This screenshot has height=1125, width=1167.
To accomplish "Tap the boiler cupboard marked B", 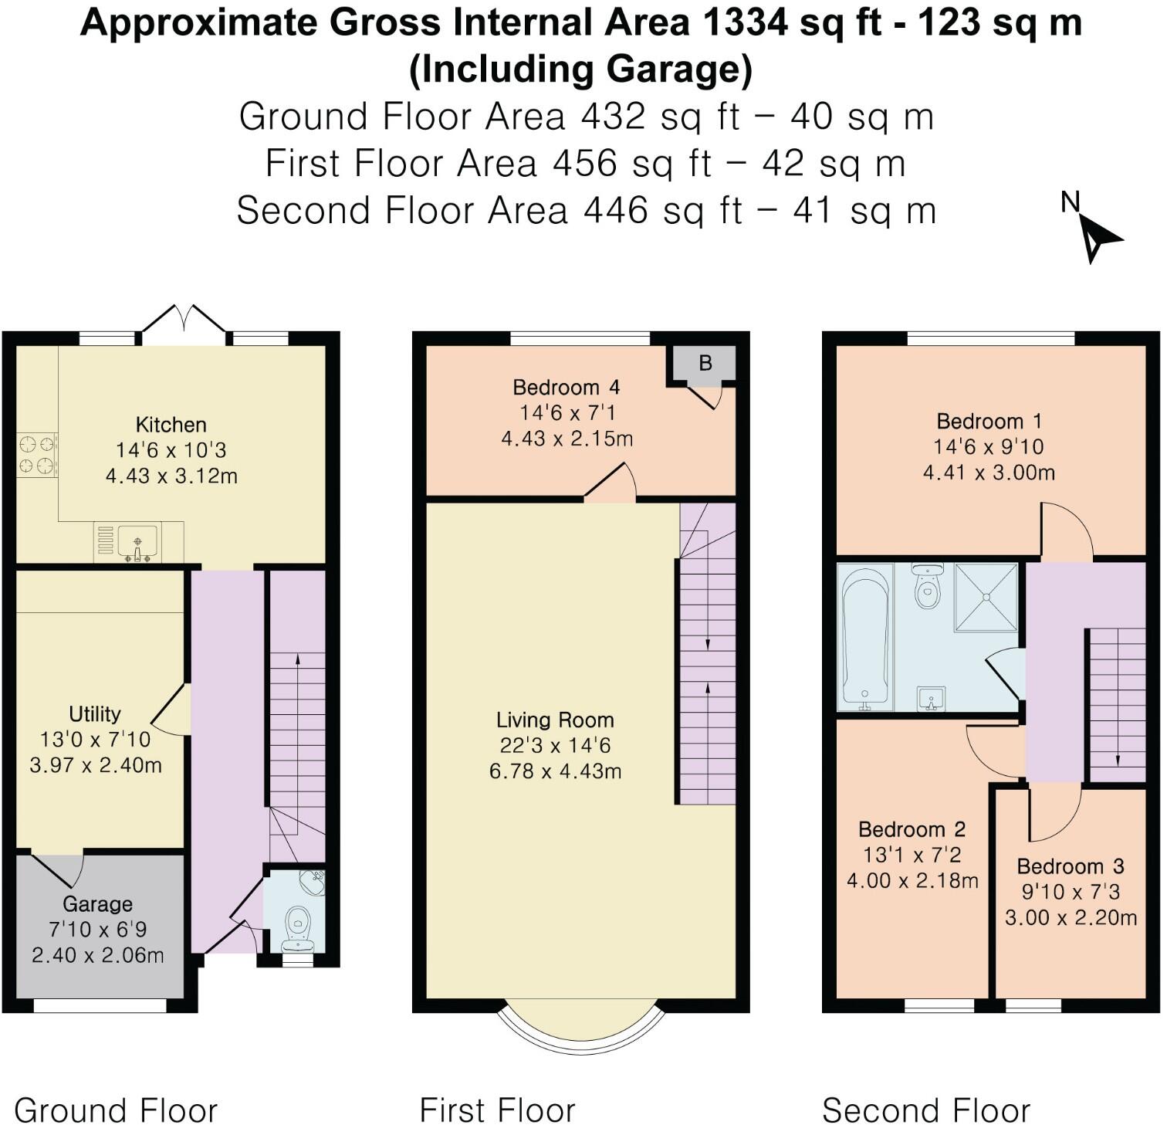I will (x=705, y=363).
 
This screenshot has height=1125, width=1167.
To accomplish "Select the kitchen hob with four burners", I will (x=37, y=454).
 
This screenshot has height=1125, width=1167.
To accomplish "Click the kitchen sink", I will (x=137, y=540).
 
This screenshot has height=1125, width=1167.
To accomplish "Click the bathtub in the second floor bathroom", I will (x=865, y=636).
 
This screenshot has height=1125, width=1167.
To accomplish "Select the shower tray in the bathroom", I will (x=986, y=597).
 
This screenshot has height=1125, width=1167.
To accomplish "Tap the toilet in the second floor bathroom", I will (x=927, y=588).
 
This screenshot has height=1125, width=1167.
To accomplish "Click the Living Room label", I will (x=555, y=720).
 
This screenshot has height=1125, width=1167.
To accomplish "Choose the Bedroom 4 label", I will (x=567, y=387).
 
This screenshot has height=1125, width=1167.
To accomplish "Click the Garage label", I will (x=97, y=904).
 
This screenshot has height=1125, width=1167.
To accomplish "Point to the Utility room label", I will (x=95, y=713).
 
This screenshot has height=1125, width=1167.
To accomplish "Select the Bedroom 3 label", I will (x=1071, y=866).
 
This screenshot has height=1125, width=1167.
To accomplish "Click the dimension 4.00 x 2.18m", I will (x=912, y=880).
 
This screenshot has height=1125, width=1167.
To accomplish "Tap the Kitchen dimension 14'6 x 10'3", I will (x=171, y=450).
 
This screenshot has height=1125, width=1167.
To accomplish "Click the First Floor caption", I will (x=498, y=1111).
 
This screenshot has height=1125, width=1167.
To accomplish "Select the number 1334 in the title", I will (x=746, y=23).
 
